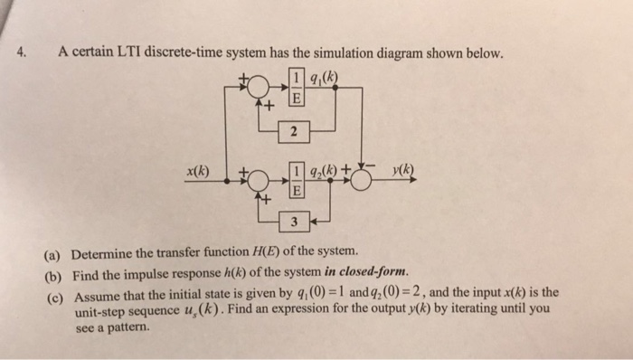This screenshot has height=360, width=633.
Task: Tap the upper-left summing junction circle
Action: [x=258, y=87]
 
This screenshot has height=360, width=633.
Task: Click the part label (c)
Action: [x=53, y=294]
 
